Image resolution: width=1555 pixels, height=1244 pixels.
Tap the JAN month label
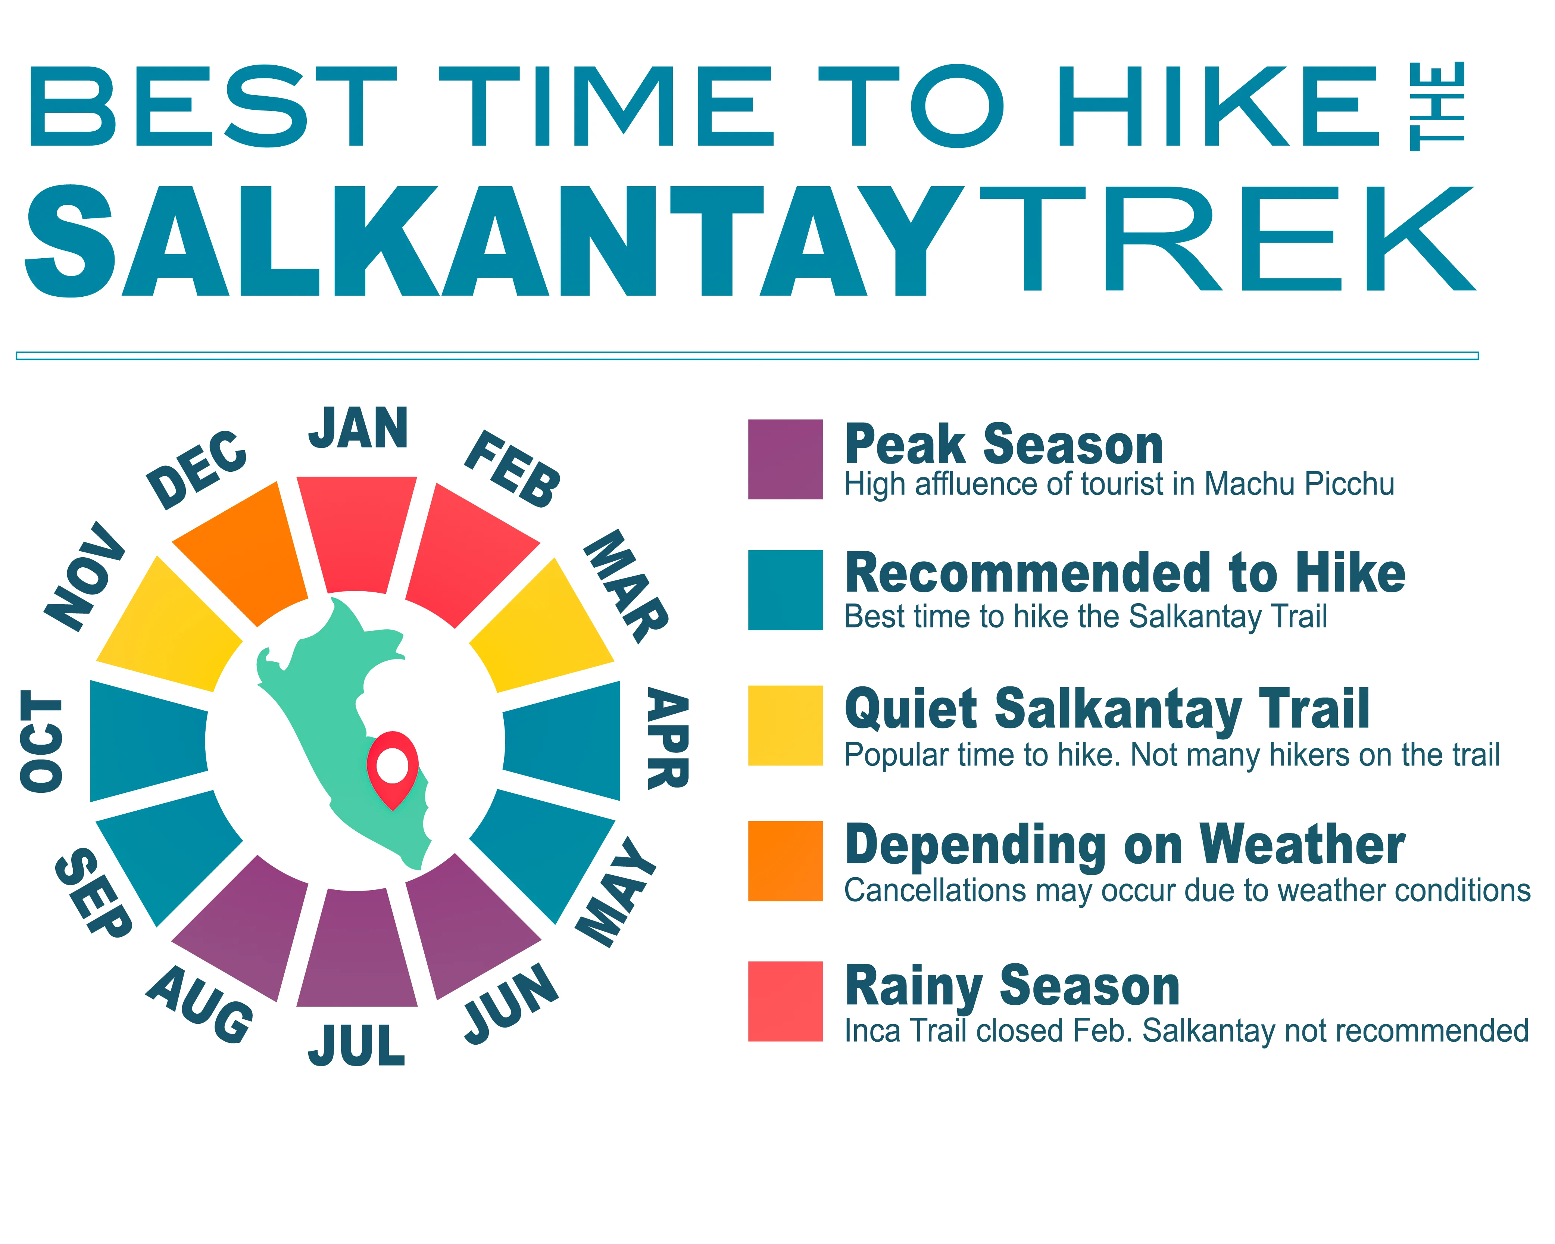tap(359, 428)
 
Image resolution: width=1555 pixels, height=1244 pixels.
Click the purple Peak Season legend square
tap(786, 459)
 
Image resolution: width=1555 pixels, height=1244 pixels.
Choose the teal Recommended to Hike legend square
tap(786, 590)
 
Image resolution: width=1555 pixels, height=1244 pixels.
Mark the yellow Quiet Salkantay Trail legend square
tap(786, 725)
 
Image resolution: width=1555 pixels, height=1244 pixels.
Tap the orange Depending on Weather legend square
tap(786, 861)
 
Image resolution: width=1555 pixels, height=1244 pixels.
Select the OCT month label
tap(41, 741)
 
